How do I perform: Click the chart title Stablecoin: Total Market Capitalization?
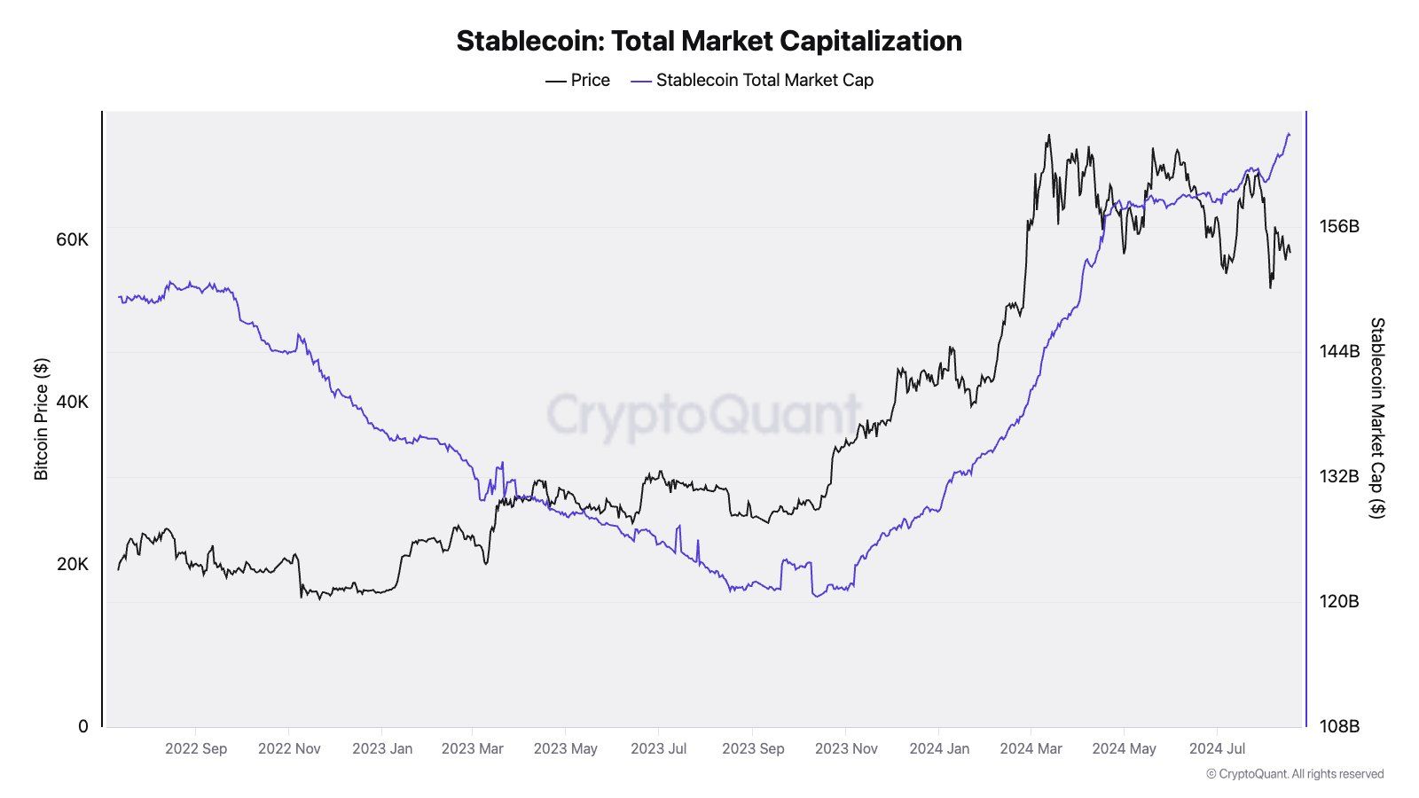point(709,41)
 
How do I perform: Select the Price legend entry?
point(578,80)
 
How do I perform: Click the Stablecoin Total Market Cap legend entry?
point(753,80)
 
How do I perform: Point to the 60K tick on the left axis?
point(72,239)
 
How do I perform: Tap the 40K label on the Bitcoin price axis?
point(72,402)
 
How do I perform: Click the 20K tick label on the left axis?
point(72,564)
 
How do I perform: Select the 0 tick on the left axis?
point(83,726)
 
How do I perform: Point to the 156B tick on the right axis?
point(1339,226)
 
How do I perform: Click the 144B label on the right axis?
point(1339,351)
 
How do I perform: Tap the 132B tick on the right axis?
point(1339,476)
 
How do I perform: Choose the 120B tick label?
point(1339,601)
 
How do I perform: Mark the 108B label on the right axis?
point(1339,726)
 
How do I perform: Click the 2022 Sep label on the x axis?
point(196,748)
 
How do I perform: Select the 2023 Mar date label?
point(472,748)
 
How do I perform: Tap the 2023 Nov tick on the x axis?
point(846,748)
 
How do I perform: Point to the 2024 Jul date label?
point(1217,748)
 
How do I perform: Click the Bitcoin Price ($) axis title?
point(41,419)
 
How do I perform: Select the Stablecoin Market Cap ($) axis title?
point(1376,418)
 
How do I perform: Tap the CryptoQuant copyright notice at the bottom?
point(1295,774)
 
